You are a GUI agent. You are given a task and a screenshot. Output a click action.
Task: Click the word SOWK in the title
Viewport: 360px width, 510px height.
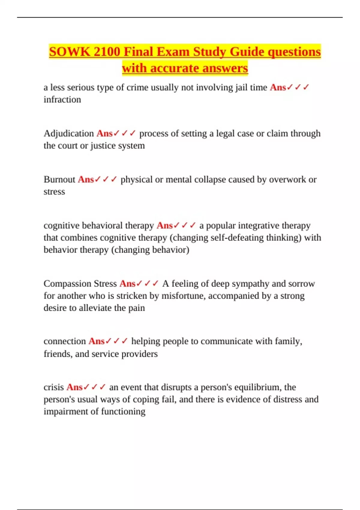point(70,52)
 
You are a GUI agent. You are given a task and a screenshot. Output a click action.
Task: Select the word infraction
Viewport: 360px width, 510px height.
point(62,99)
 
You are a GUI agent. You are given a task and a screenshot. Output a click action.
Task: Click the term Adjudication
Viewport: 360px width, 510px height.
point(69,133)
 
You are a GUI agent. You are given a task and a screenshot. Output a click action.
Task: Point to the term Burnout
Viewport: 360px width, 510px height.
point(59,179)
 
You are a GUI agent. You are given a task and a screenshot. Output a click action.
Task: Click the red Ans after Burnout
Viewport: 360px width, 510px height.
point(86,179)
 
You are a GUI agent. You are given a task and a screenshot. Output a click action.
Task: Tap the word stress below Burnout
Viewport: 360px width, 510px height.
point(54,191)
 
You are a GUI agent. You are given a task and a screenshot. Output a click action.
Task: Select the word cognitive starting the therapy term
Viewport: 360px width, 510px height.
point(61,225)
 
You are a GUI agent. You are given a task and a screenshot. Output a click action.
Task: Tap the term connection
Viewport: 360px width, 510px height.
point(65,341)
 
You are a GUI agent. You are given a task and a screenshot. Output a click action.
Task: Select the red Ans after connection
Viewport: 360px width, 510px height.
point(96,341)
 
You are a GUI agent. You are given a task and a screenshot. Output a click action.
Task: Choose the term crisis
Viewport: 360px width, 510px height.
point(54,387)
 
